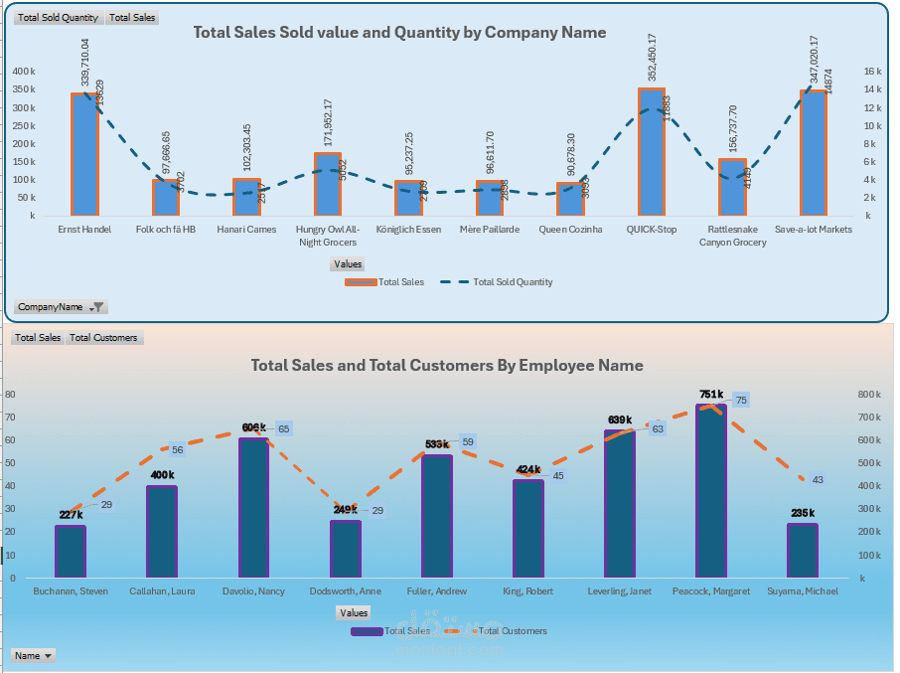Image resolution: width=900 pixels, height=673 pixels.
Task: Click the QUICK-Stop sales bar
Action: [x=652, y=152]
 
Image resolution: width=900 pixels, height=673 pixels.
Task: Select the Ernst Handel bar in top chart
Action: [x=84, y=154]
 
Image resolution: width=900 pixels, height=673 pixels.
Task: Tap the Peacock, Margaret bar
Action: [x=711, y=491]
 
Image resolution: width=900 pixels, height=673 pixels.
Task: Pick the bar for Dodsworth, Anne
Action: [x=346, y=549]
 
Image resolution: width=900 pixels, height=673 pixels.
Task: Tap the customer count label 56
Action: [x=178, y=449]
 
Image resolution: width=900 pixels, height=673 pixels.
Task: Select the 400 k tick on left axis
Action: [x=24, y=72]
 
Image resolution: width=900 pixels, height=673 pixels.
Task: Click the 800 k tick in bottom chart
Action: [x=869, y=395]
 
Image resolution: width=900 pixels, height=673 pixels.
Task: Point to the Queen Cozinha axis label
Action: [x=570, y=230]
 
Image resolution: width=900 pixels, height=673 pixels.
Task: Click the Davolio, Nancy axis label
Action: [x=253, y=591]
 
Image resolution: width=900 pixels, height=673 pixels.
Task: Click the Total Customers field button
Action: [x=103, y=338]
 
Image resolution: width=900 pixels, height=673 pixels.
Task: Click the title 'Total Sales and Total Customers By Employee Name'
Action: [x=447, y=366]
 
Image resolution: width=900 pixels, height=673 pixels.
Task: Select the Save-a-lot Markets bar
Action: [x=814, y=153]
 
